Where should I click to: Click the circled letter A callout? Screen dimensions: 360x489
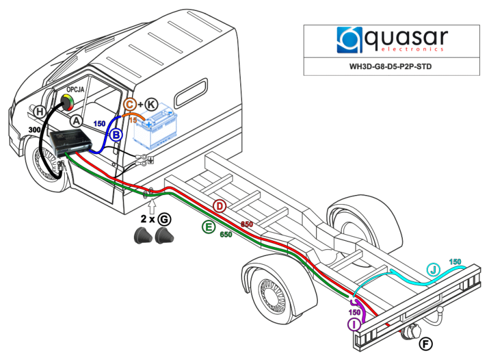tap(76, 121)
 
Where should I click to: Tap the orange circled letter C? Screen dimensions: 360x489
tap(131, 105)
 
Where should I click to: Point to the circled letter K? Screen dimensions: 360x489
tap(151, 105)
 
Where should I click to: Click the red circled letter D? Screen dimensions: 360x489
tap(220, 207)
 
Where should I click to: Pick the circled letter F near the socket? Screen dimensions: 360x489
tap(425, 344)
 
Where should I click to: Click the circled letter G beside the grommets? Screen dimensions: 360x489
tap(164, 219)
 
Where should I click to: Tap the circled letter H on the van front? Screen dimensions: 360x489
tap(40, 111)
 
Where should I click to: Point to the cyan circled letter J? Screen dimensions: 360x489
tap(434, 270)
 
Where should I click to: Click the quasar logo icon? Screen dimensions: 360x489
tap(348, 39)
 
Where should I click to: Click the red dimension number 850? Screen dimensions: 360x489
tap(246, 224)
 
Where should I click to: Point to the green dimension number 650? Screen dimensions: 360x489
tap(226, 235)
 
